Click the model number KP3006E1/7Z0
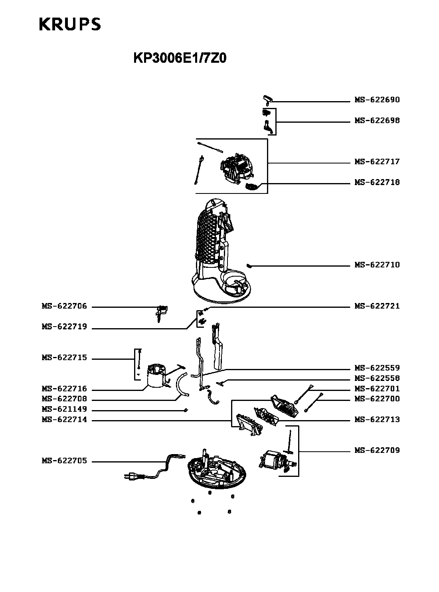[180, 58]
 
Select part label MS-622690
[377, 100]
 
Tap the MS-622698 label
[377, 121]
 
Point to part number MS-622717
[377, 162]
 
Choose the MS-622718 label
[377, 183]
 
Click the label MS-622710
[377, 265]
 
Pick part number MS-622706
[64, 307]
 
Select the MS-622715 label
[64, 358]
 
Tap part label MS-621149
[64, 409]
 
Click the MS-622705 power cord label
[64, 461]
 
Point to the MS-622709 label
[377, 450]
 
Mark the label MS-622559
[377, 368]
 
